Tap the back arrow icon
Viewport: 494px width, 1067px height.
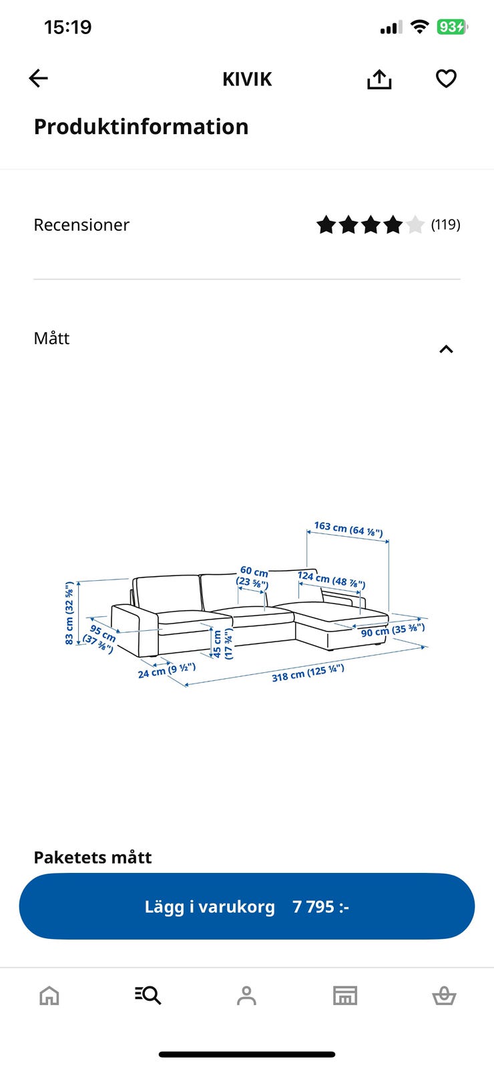pos(38,78)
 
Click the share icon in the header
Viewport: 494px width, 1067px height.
pos(379,79)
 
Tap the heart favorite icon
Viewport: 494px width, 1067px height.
pos(446,79)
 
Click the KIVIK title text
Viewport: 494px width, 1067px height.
pos(247,79)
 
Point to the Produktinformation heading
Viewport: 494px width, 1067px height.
pos(141,127)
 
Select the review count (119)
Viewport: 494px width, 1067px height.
pos(445,224)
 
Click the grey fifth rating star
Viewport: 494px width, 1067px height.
pos(415,224)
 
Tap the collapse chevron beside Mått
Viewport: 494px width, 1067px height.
pos(446,349)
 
